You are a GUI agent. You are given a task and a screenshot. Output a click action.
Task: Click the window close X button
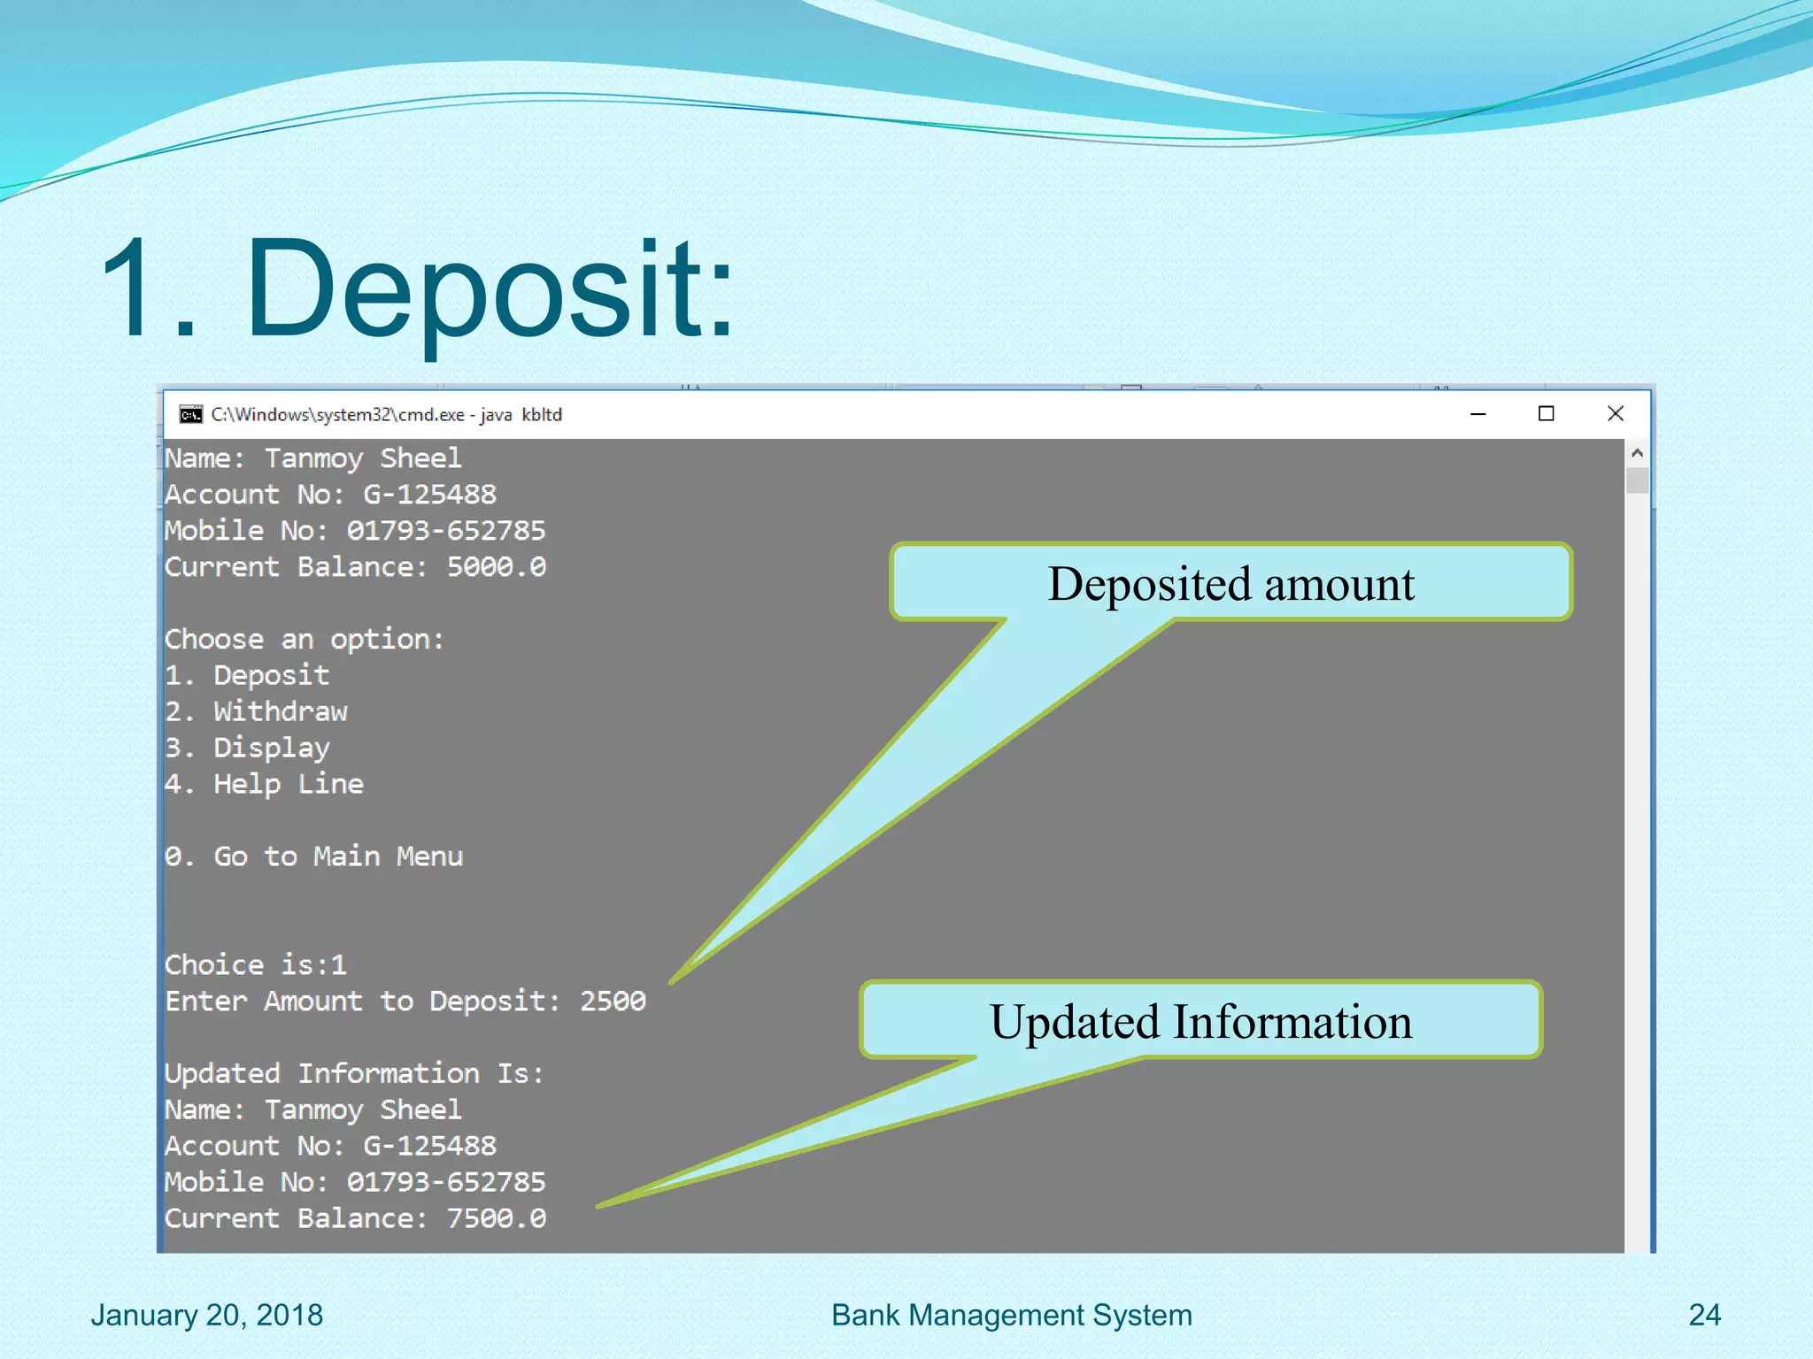[1615, 413]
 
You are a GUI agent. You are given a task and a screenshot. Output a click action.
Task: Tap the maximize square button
[1546, 413]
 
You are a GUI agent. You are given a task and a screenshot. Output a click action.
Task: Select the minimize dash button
[1477, 414]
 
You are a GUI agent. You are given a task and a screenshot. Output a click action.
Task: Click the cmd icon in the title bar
[190, 414]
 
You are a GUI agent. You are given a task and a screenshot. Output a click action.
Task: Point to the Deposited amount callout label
[1231, 583]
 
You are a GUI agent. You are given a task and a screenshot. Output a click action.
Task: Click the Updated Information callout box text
[1200, 1021]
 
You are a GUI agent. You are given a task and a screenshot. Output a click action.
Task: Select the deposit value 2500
[613, 1001]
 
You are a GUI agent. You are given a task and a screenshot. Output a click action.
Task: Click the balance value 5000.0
[496, 566]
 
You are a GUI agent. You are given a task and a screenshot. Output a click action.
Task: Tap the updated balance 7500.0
[496, 1218]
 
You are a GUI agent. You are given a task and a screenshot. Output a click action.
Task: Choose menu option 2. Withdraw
[256, 711]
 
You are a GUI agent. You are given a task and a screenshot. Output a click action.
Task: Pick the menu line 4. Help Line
[264, 784]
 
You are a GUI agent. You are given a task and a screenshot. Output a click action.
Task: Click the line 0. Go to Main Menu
[313, 856]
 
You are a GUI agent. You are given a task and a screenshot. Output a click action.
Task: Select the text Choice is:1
[255, 964]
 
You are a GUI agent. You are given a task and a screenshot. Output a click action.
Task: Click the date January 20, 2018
[206, 1315]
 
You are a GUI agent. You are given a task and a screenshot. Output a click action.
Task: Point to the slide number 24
[1704, 1315]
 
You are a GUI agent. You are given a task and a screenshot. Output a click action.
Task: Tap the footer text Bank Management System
[1011, 1315]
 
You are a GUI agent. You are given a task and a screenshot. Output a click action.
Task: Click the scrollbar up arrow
[1637, 453]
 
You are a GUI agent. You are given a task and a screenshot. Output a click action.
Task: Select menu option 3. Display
[247, 748]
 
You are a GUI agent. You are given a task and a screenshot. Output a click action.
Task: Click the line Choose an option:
[304, 639]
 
